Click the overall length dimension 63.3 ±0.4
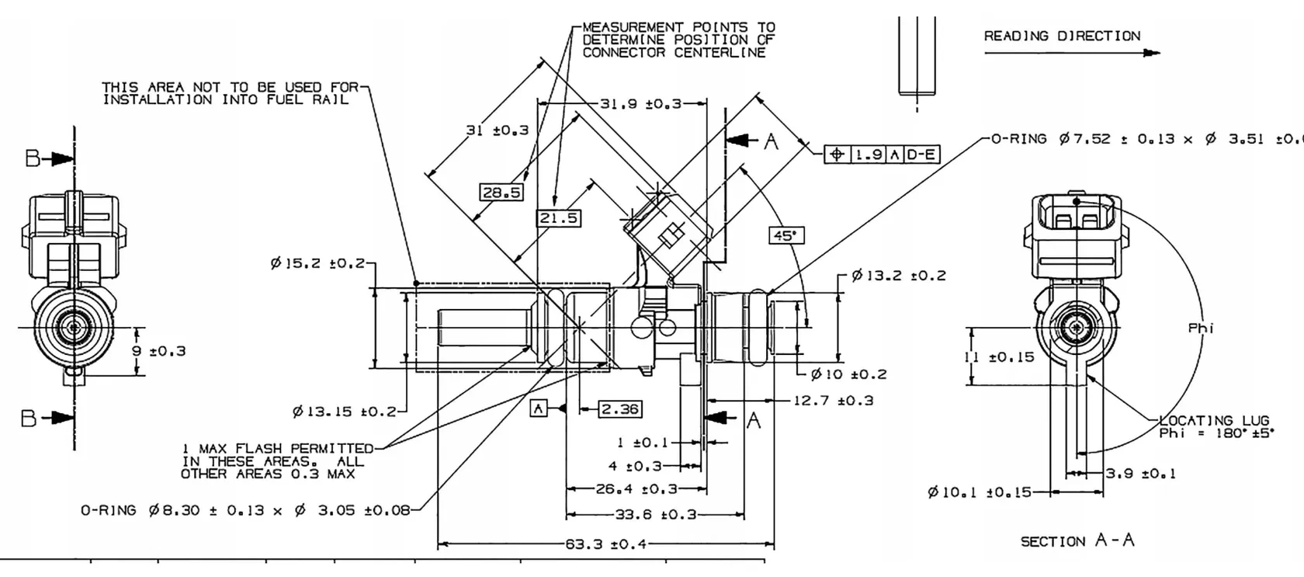pyautogui.click(x=605, y=544)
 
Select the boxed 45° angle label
pyautogui.click(x=786, y=235)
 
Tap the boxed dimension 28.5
pyautogui.click(x=501, y=192)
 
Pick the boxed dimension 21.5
pyautogui.click(x=559, y=218)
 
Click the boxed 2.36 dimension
pyautogui.click(x=620, y=409)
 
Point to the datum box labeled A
pyautogui.click(x=539, y=408)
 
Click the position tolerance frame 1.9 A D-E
pyautogui.click(x=882, y=155)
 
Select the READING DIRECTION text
pyautogui.click(x=1062, y=36)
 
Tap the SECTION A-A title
pyautogui.click(x=1077, y=541)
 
